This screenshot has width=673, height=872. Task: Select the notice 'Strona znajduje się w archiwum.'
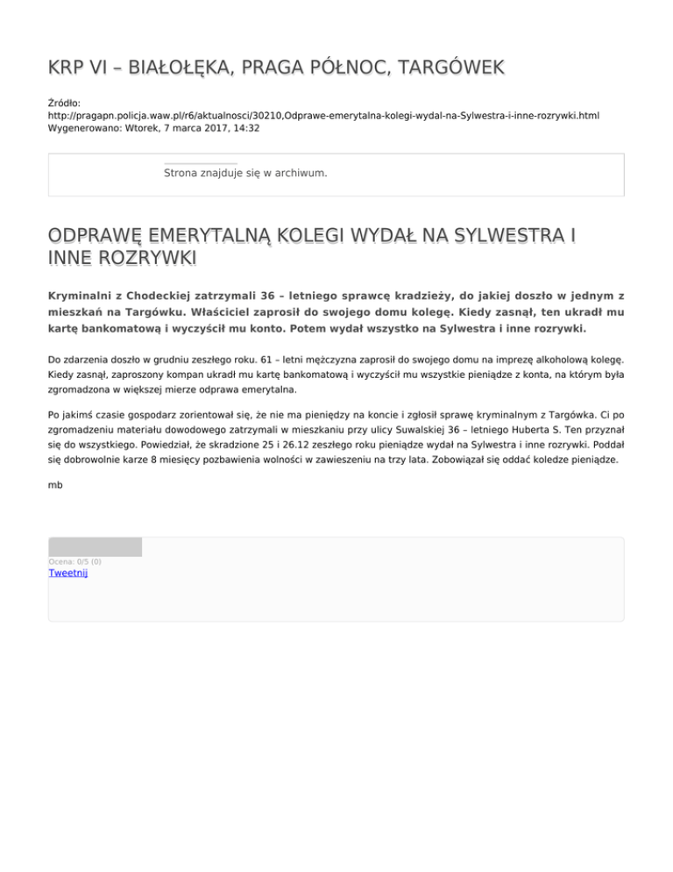245,173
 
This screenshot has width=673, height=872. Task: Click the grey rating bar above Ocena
95,547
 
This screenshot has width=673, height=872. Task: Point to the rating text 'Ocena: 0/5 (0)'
74,561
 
